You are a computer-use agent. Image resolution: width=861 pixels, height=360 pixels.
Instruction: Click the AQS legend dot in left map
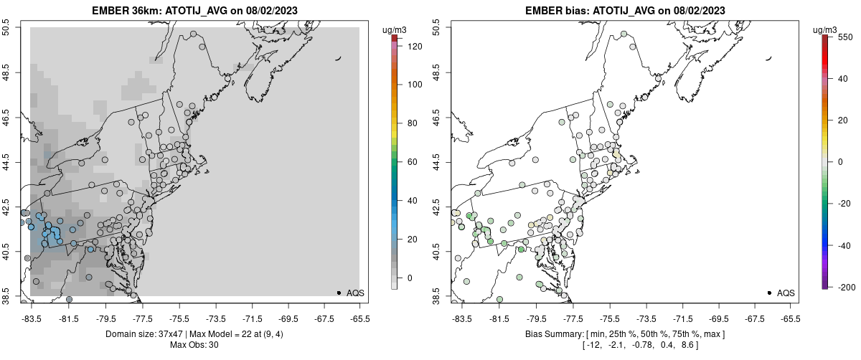coord(339,293)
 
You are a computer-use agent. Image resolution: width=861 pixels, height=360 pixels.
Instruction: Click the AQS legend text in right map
coord(786,293)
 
